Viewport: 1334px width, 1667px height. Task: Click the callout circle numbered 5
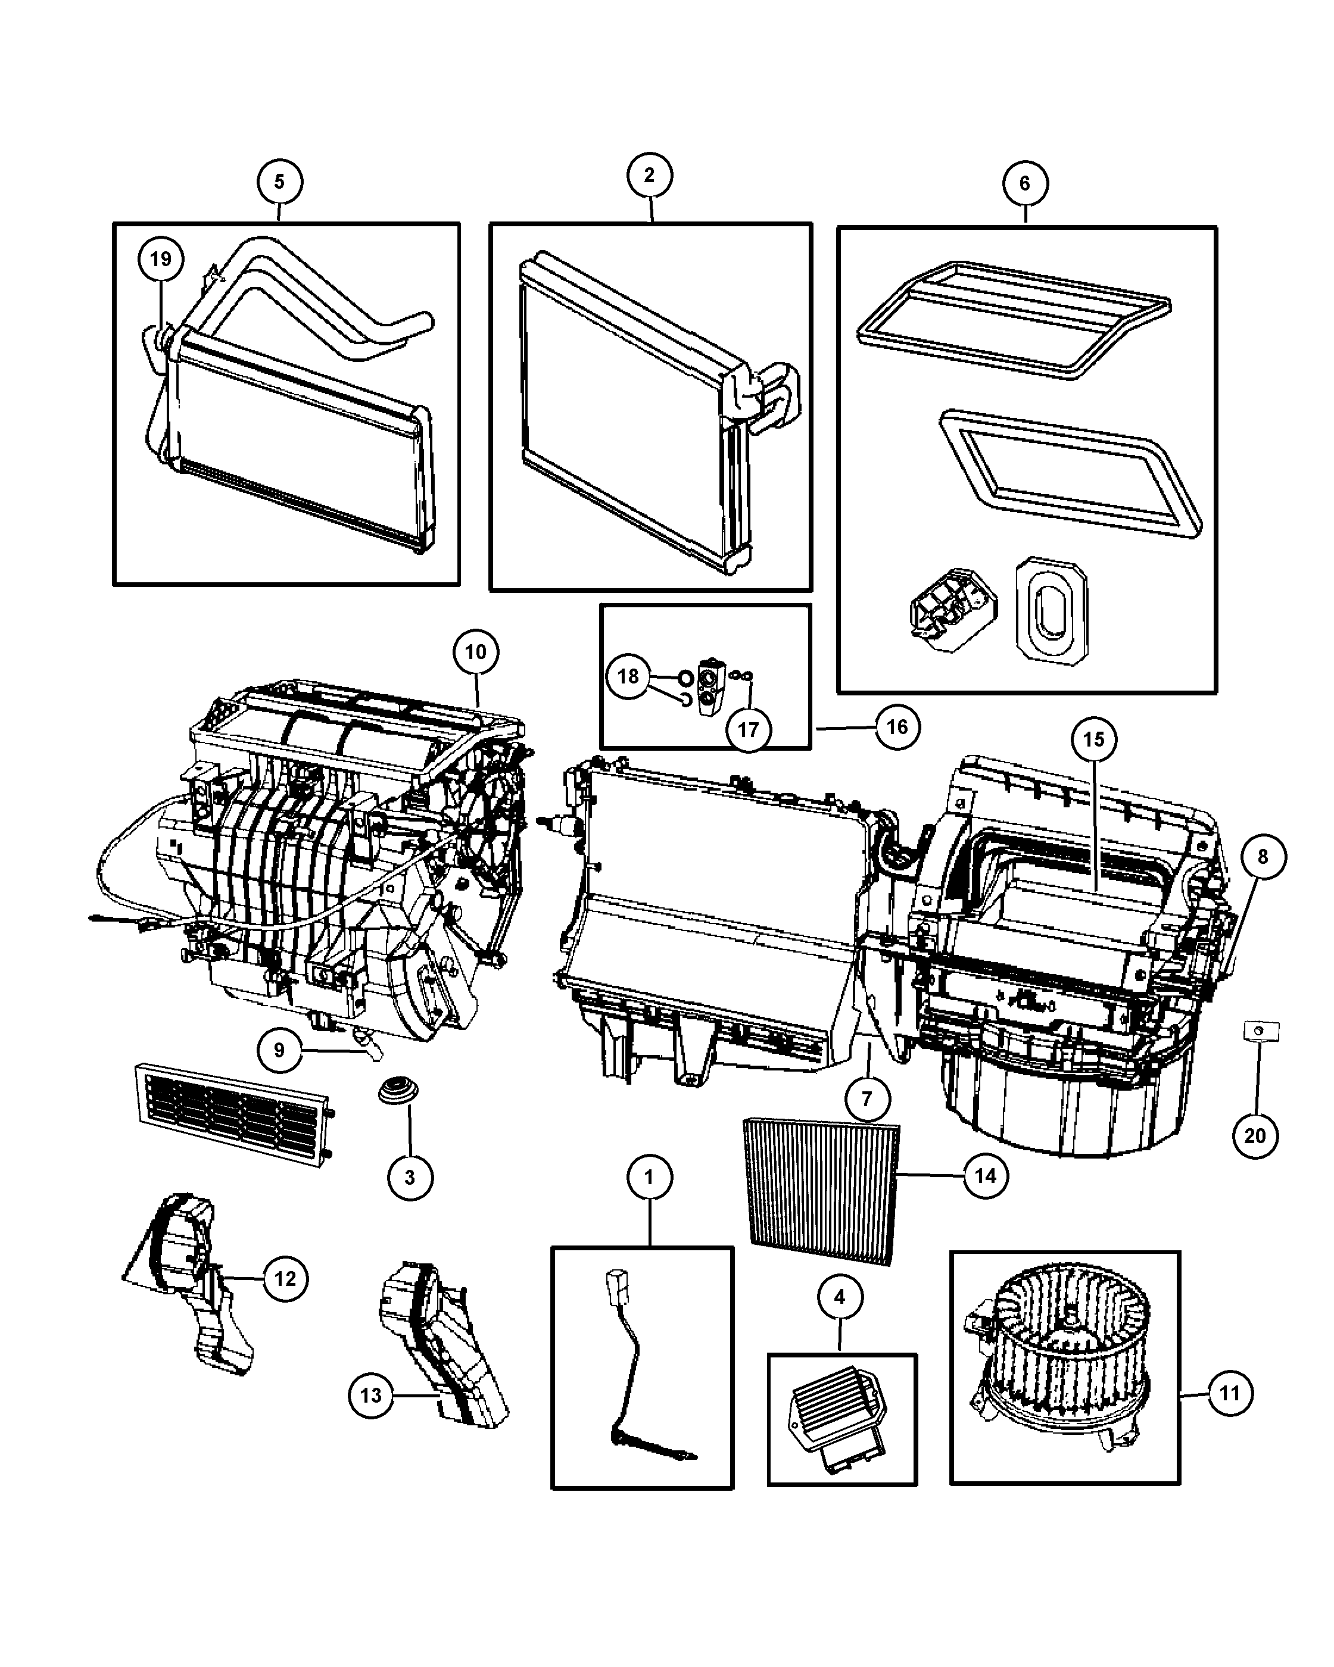pos(279,182)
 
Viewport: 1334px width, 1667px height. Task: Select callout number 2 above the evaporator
pos(649,176)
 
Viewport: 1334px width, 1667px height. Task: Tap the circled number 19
pos(161,259)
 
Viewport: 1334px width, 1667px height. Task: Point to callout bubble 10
pos(476,653)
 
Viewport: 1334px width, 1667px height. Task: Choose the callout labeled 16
pos(897,727)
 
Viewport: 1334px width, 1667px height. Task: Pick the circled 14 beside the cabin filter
pos(985,1176)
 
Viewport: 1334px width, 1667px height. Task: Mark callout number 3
pos(410,1177)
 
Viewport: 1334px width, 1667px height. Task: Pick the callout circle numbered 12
pos(285,1278)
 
